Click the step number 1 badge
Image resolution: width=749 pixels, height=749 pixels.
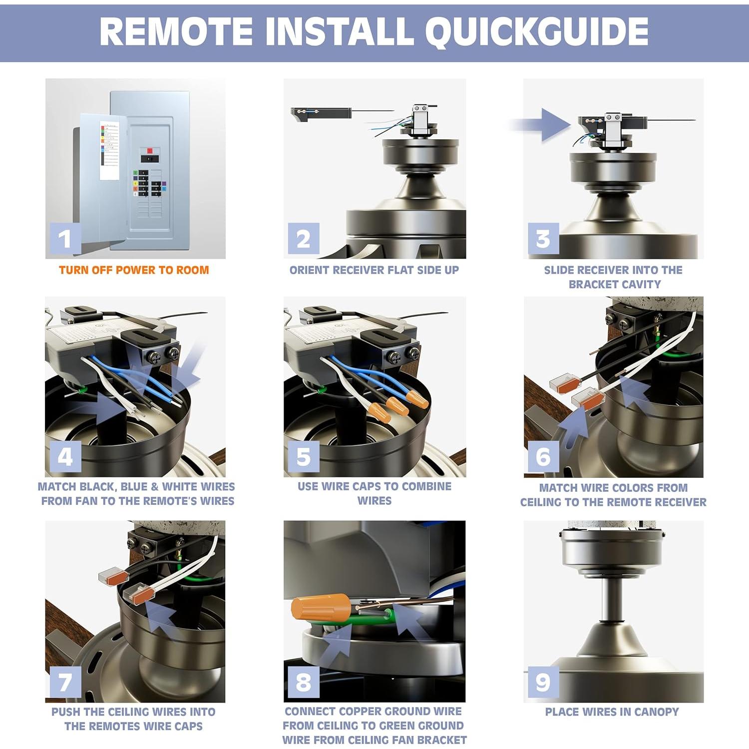coord(65,239)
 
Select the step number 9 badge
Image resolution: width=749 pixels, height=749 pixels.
coord(543,682)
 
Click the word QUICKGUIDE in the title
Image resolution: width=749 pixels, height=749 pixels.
coord(536,32)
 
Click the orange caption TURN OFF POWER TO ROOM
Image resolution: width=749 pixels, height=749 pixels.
coord(134,270)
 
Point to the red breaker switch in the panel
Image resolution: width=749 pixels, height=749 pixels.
coord(149,150)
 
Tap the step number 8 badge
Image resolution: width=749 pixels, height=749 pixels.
coord(304,682)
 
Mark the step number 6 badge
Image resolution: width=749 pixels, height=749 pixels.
coord(543,457)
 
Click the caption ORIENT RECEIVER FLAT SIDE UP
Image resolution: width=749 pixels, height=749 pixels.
coord(374,270)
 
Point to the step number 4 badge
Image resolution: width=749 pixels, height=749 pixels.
coord(65,457)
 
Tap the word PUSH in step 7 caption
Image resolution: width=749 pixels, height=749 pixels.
coord(66,712)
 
